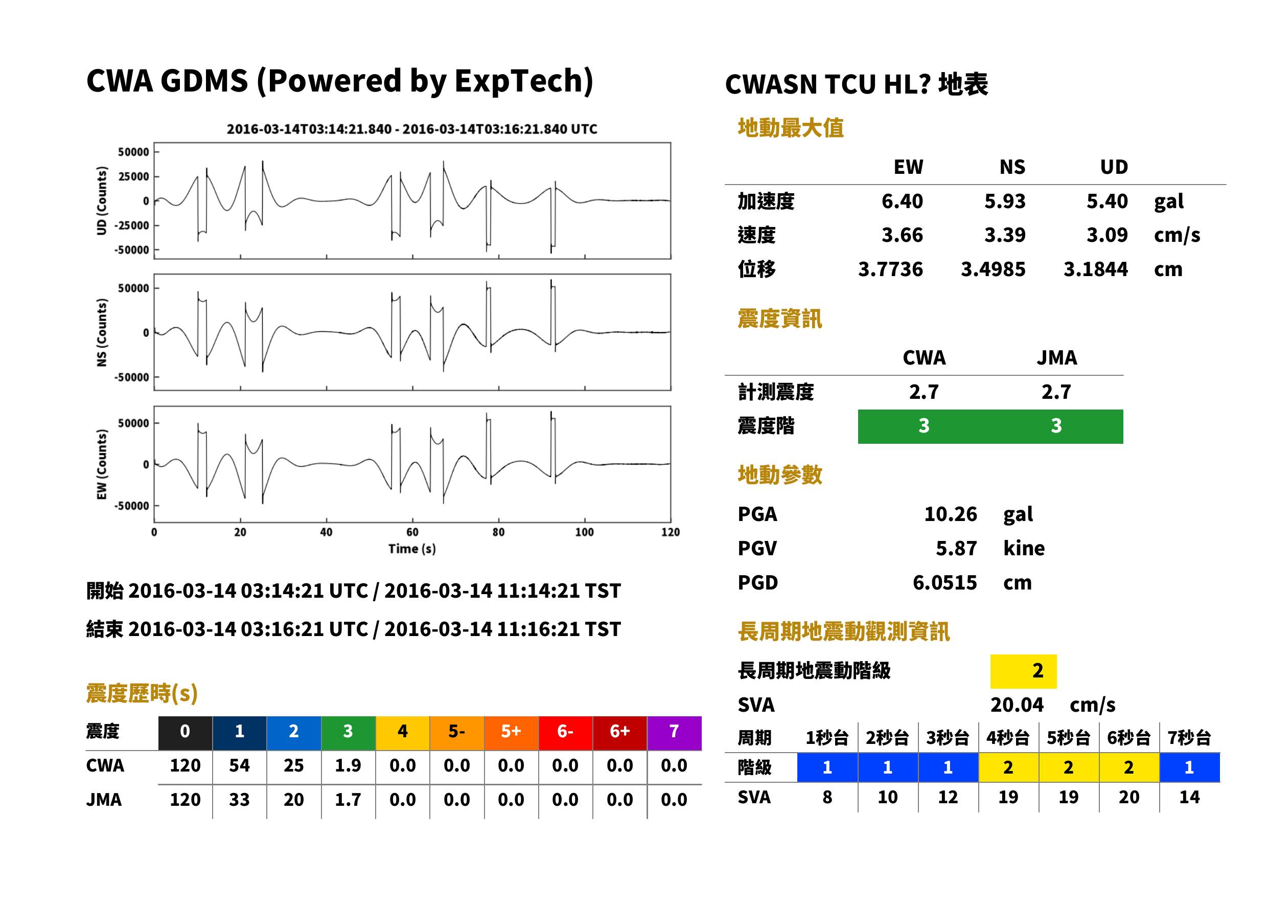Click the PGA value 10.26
point(950,514)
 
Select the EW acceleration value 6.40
point(902,201)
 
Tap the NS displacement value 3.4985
point(993,269)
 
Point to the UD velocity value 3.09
point(1107,235)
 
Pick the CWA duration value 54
point(239,765)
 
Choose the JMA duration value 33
point(239,800)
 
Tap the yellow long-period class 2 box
point(1023,671)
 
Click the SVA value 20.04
point(1017,705)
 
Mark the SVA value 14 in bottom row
point(1189,797)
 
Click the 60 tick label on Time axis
point(412,532)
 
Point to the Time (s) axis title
point(412,549)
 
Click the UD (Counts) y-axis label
point(102,201)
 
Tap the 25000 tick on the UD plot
point(133,176)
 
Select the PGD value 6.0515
point(944,583)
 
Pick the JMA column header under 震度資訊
point(1057,357)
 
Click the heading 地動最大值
point(791,128)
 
